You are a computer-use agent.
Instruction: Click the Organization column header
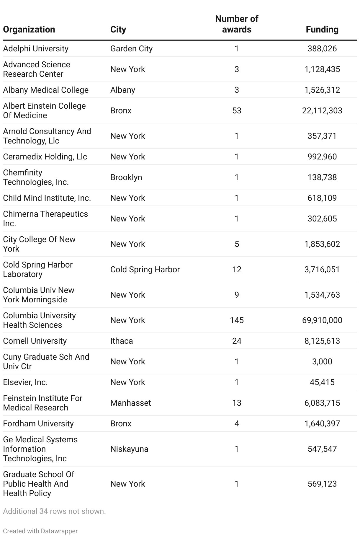[x=29, y=30]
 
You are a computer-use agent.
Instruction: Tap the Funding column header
[x=322, y=30]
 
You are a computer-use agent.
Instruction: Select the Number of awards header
[x=237, y=24]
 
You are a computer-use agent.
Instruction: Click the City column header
[x=118, y=30]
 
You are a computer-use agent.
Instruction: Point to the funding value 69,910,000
[x=322, y=320]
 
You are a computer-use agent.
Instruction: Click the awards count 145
[x=237, y=320]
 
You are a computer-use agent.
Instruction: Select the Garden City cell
[x=131, y=48]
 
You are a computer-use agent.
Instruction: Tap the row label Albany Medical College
[x=46, y=90]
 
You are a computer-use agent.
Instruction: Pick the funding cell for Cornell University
[x=322, y=341]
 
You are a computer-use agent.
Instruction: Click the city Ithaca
[x=122, y=341]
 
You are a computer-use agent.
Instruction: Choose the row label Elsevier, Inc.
[x=25, y=382]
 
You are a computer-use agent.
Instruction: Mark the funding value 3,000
[x=322, y=361]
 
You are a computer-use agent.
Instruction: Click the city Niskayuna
[x=129, y=449]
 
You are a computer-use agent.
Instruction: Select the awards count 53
[x=237, y=110]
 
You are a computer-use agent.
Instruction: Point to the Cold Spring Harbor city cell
[x=145, y=269]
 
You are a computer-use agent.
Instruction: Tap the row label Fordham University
[x=38, y=423]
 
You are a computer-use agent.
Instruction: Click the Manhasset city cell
[x=130, y=403]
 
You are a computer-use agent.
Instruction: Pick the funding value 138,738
[x=322, y=177]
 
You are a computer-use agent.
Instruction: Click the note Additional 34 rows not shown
[x=54, y=511]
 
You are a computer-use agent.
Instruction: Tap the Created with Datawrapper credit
[x=40, y=531]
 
